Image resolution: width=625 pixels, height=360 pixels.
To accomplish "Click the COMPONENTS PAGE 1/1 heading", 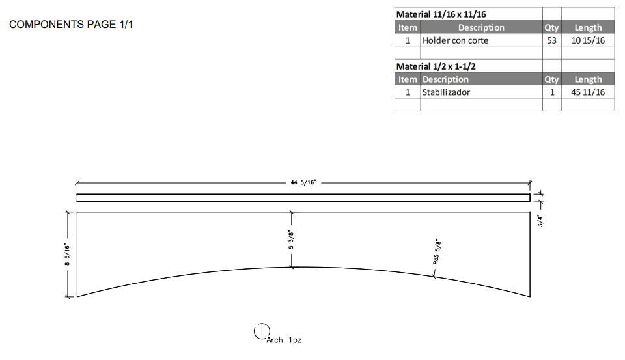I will (71, 25).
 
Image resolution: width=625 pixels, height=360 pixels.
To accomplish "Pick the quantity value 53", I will (551, 40).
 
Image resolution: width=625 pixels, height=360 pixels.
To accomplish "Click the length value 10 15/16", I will (588, 40).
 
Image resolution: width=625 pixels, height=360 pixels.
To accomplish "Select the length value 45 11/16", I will (588, 92).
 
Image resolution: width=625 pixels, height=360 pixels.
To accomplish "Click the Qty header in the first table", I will (551, 27).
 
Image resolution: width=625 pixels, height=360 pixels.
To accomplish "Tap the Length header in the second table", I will (588, 79).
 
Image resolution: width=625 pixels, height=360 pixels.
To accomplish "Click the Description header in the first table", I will (481, 27).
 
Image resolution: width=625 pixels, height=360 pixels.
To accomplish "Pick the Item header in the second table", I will (408, 79).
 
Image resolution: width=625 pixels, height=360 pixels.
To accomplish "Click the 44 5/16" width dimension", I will (303, 183).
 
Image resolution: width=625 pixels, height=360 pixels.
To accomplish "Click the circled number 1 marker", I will (261, 331).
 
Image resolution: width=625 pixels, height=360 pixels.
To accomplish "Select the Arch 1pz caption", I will (284, 340).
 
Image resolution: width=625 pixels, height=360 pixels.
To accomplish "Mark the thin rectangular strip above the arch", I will (303, 198).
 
